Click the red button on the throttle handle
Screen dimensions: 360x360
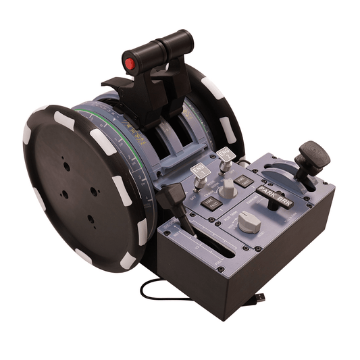tap(129, 64)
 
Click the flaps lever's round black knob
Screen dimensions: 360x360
tap(312, 154)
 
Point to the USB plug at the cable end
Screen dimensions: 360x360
tap(260, 300)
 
